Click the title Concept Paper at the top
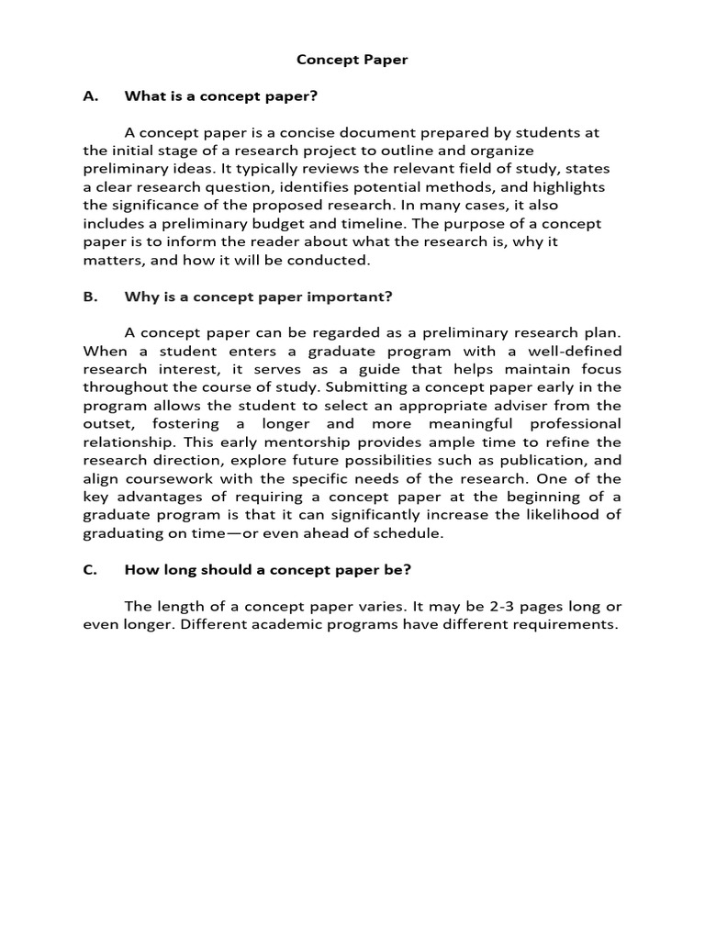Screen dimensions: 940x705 tap(352, 60)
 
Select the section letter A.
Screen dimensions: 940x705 tap(90, 95)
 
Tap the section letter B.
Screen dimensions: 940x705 tap(90, 297)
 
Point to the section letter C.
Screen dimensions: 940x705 tap(90, 569)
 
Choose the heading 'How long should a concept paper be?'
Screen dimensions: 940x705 tap(267, 569)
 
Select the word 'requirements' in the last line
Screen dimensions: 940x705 tap(563, 624)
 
